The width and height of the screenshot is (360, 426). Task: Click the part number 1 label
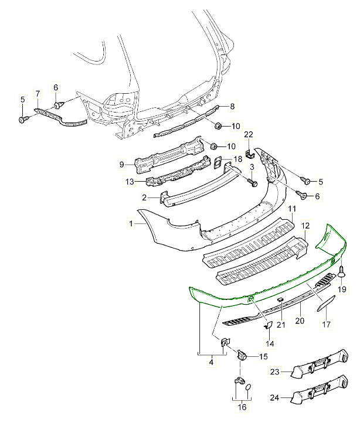coord(132,223)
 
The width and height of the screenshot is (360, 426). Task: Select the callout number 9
coord(122,165)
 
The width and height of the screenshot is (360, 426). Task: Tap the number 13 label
coord(129,182)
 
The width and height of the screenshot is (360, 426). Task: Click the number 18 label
coord(237,159)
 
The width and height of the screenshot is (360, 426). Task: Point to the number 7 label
coord(39,94)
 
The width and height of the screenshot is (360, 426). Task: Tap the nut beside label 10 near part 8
coord(217,125)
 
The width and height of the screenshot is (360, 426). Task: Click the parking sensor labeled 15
coord(242,354)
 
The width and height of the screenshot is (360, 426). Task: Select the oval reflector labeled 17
coord(326,306)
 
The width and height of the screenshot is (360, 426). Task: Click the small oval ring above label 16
coord(248,387)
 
